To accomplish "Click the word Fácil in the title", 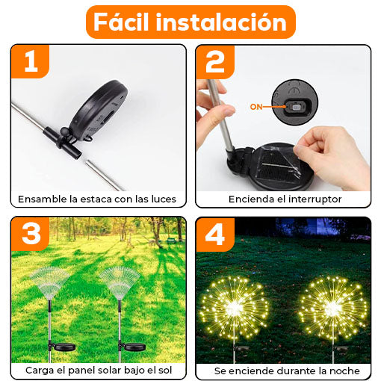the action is click(121, 22).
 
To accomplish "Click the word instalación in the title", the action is click(221, 22).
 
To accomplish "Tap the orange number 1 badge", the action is click(30, 61).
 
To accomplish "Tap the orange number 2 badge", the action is click(215, 62).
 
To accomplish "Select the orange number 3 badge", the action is click(30, 234).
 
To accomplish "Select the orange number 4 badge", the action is click(215, 235).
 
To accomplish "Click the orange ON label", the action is click(256, 107).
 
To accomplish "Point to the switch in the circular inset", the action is click(297, 108).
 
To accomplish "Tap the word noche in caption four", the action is click(344, 371).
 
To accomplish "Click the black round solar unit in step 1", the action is click(99, 110).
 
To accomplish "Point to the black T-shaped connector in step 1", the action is click(62, 140).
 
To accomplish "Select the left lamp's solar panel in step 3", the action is click(64, 347).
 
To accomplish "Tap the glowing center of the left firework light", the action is click(233, 308).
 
